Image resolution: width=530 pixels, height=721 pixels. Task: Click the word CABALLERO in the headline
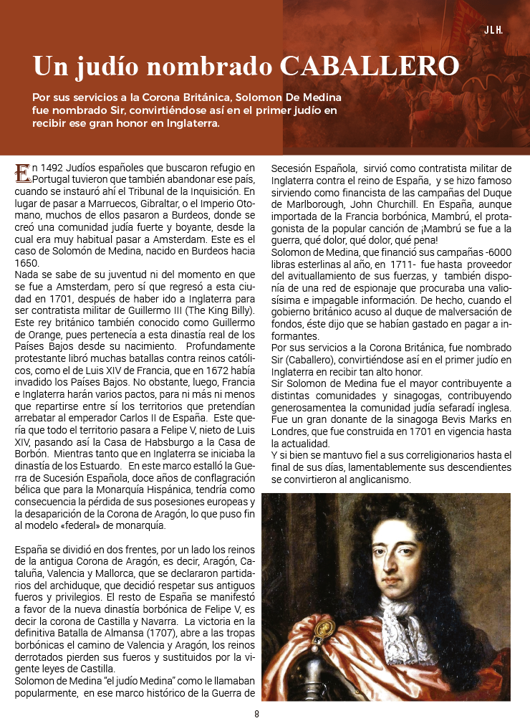(370, 66)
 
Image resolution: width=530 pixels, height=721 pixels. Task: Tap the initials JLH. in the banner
(493, 30)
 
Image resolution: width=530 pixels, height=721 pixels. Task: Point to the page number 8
(256, 714)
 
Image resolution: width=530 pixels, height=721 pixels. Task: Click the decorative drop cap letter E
(23, 173)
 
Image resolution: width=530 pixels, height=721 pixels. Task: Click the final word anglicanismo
(377, 479)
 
